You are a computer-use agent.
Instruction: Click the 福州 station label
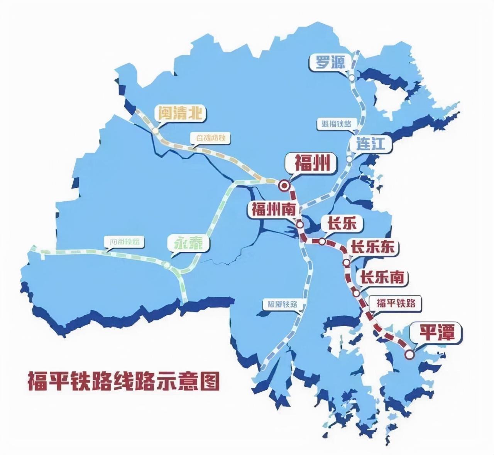tap(312, 163)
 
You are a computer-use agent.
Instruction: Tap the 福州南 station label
tap(274, 210)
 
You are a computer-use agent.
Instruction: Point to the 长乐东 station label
tap(372, 247)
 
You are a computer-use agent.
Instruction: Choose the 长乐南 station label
tap(382, 277)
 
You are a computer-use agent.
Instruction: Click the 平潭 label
tap(437, 332)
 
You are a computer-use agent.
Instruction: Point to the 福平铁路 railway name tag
tap(396, 303)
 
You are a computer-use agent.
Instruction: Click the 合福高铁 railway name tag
tap(210, 138)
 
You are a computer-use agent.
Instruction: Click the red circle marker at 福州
tap(284, 186)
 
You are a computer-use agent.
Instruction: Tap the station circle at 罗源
tap(352, 78)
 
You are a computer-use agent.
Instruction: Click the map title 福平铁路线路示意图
tap(123, 381)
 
